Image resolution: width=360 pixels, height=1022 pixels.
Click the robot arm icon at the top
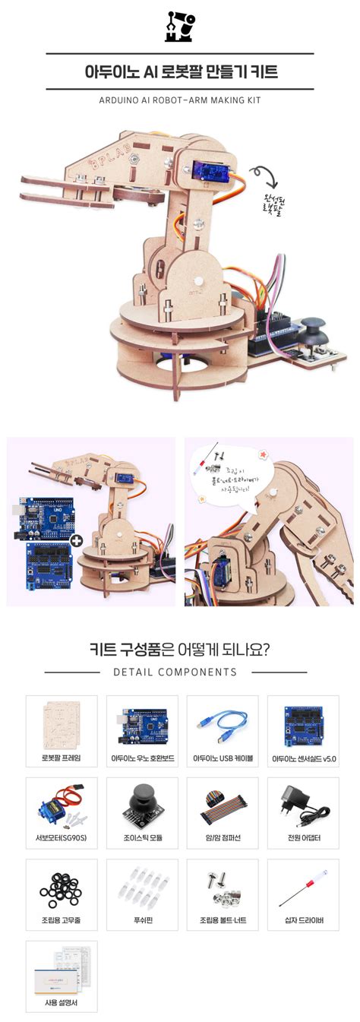pos(180,26)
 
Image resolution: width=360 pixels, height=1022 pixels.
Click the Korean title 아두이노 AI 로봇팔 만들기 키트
pos(180,72)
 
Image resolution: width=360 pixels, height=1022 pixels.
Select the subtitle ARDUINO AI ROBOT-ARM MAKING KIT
pos(180,100)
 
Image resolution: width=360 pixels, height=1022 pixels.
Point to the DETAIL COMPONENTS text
pos(175,672)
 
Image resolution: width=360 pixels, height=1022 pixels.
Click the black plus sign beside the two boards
pos(76,540)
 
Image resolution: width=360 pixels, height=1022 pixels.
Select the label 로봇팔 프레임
pos(62,758)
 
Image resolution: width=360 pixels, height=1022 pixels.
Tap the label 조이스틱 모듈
pos(142,838)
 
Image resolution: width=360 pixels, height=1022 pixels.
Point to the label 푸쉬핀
pos(142,920)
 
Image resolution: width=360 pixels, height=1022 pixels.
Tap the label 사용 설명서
pos(62,1002)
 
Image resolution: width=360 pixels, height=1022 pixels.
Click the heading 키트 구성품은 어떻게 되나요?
pos(180,650)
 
